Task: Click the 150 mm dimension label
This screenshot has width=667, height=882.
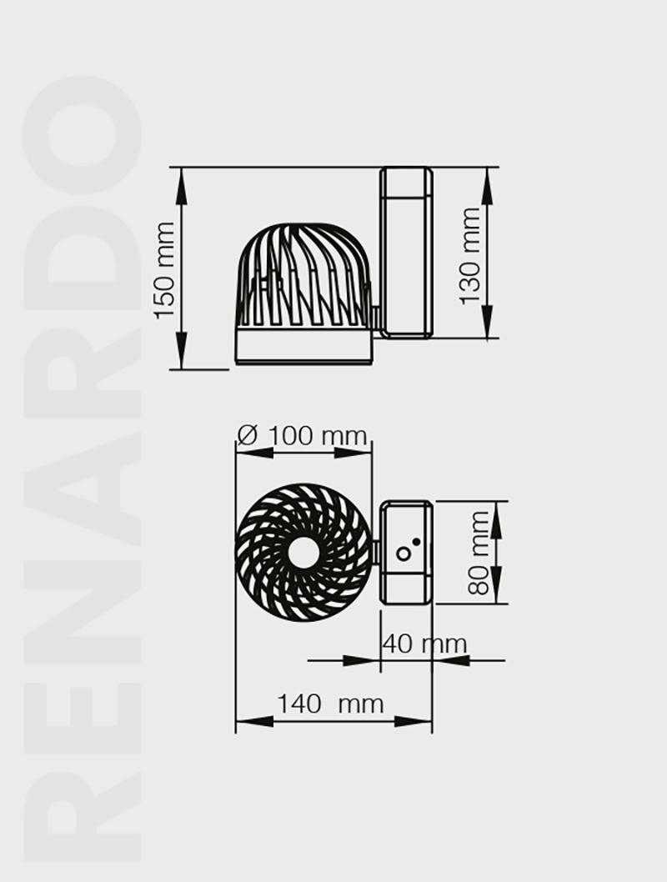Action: (x=166, y=269)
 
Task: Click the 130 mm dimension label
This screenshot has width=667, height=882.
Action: (x=470, y=257)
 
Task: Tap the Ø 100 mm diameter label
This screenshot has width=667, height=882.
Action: (x=303, y=435)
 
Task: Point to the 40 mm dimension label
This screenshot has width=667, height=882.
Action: (x=424, y=644)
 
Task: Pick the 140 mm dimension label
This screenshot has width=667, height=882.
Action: (x=331, y=704)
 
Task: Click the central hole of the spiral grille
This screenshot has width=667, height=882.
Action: (x=303, y=552)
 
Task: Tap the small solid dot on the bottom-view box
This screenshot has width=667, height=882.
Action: (x=416, y=542)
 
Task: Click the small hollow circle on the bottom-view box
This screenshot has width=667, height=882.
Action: (x=404, y=554)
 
